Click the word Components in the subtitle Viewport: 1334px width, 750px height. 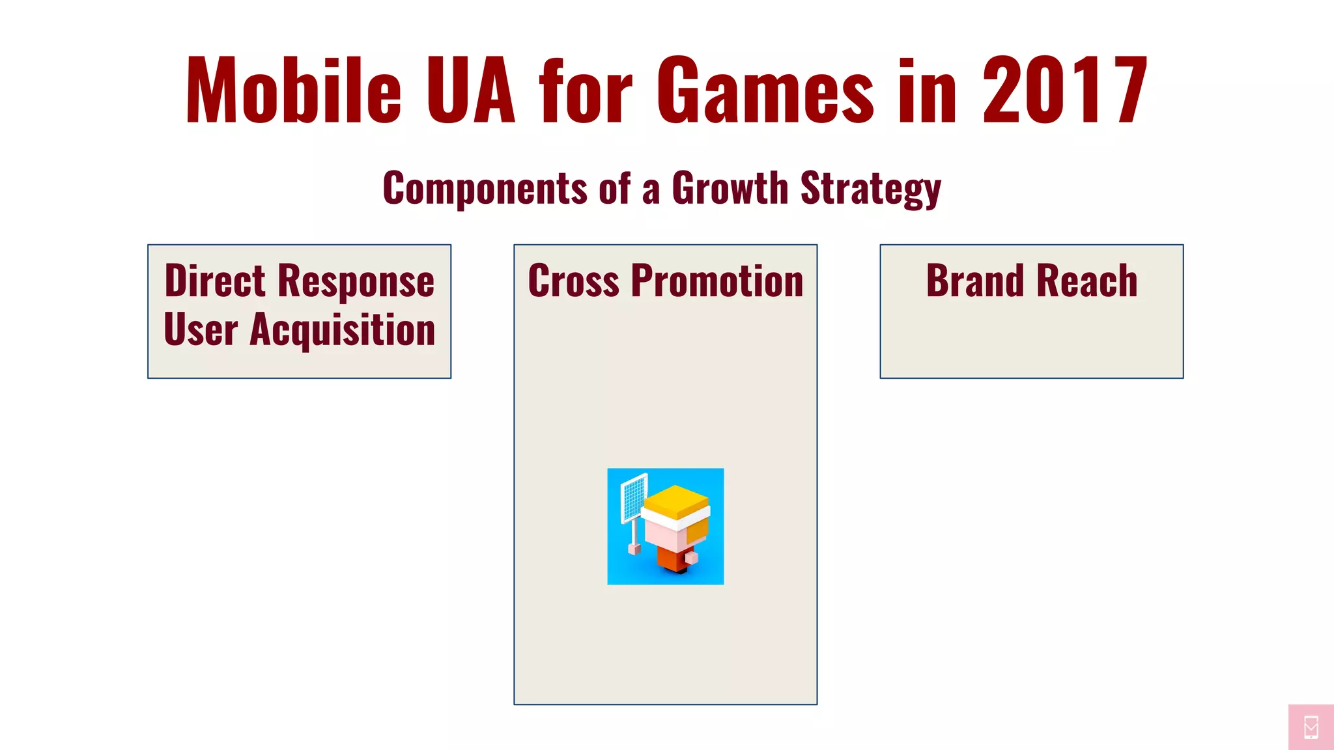485,189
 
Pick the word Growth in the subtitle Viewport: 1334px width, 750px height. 730,189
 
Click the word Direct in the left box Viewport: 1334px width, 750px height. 215,281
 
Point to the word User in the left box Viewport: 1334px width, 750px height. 201,329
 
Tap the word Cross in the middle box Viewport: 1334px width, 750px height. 573,281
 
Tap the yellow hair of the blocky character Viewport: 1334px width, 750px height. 676,500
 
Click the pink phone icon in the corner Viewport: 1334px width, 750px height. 1311,727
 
